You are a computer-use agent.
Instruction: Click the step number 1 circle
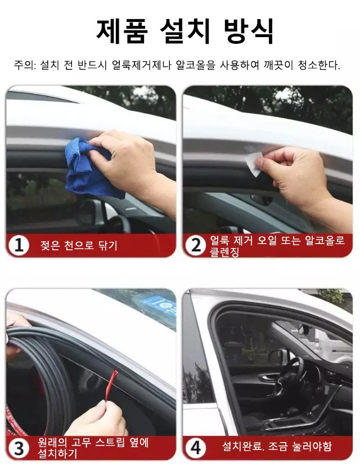pyautogui.click(x=19, y=245)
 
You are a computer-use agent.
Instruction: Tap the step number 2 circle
pyautogui.click(x=196, y=245)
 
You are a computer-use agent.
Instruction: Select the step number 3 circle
pyautogui.click(x=19, y=448)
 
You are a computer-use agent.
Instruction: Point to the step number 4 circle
pyautogui.click(x=196, y=448)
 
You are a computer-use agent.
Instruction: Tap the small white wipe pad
pyautogui.click(x=254, y=163)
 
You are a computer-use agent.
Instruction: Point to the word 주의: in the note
pyautogui.click(x=25, y=65)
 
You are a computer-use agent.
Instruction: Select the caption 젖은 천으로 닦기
pyautogui.click(x=79, y=245)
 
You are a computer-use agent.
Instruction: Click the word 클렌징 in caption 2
pyautogui.click(x=224, y=252)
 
